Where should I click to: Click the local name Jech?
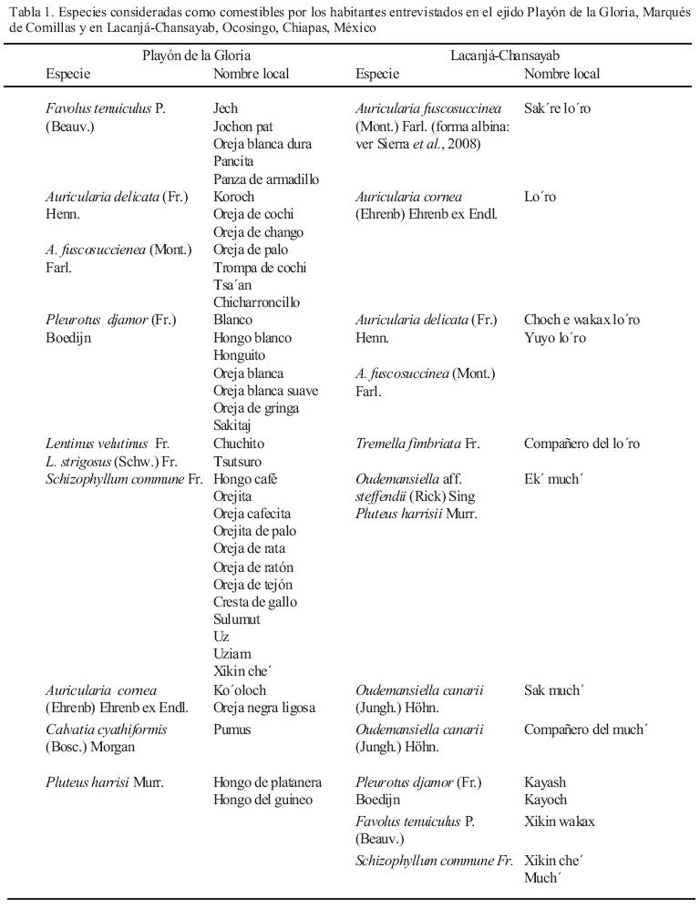pos(225,109)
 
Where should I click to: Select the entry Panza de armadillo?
pos(266,179)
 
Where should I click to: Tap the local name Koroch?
pos(234,197)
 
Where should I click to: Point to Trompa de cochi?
pos(260,268)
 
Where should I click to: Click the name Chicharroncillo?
pos(256,302)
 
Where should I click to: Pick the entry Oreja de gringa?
pos(256,408)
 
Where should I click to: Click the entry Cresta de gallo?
pos(255,602)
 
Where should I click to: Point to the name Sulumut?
pos(237,619)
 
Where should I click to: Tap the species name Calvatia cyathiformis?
pos(107,729)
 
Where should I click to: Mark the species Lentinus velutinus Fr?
pos(108,444)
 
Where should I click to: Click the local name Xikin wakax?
pos(559,822)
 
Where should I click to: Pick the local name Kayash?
pos(545,783)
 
